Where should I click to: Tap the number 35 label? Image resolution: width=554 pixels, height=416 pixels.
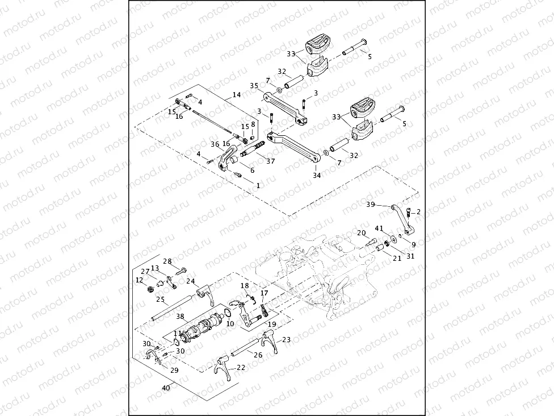tap(254, 86)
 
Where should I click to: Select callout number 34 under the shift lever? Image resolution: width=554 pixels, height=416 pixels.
tap(316, 176)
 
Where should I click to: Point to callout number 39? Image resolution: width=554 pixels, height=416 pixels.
tap(371, 204)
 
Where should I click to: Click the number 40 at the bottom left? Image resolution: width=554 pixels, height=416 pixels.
tap(166, 388)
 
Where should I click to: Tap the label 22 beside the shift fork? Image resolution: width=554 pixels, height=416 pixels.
tap(241, 367)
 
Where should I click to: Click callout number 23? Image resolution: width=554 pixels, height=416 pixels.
tap(287, 339)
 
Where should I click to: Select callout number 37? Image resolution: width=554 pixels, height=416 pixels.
tap(270, 161)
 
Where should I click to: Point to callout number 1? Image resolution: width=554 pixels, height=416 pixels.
tap(258, 185)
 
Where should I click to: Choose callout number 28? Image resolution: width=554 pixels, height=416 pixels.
tap(167, 261)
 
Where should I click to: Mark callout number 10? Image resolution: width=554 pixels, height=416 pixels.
tap(230, 323)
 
